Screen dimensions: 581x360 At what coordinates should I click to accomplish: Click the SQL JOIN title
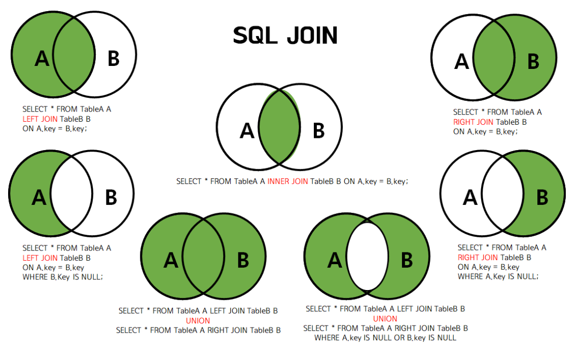tap(285, 35)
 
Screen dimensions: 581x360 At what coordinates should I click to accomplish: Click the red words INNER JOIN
tap(287, 181)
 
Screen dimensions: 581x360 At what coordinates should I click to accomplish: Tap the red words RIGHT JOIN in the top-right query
tap(473, 122)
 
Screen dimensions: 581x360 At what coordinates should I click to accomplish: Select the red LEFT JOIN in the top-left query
tap(40, 119)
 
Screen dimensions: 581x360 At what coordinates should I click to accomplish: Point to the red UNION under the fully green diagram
tap(198, 320)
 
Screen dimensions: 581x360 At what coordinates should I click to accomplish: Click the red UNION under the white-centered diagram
tap(385, 318)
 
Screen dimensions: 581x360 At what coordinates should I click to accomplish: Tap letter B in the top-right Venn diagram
tap(533, 62)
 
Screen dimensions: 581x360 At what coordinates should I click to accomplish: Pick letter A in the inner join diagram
tap(247, 131)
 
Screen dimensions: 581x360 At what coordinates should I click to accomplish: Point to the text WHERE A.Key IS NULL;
tap(498, 276)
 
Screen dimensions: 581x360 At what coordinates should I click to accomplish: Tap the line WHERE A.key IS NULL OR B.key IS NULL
tap(385, 338)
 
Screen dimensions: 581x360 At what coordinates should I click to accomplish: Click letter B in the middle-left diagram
tap(111, 197)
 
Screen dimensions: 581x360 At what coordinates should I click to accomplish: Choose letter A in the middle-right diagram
tap(470, 197)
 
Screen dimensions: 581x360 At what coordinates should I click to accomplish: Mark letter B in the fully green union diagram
tap(243, 260)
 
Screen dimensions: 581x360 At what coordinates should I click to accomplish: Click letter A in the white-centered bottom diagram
tap(335, 261)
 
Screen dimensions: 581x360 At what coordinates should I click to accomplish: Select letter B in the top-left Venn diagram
tap(114, 59)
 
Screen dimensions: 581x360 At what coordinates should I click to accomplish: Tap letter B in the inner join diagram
tap(318, 131)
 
